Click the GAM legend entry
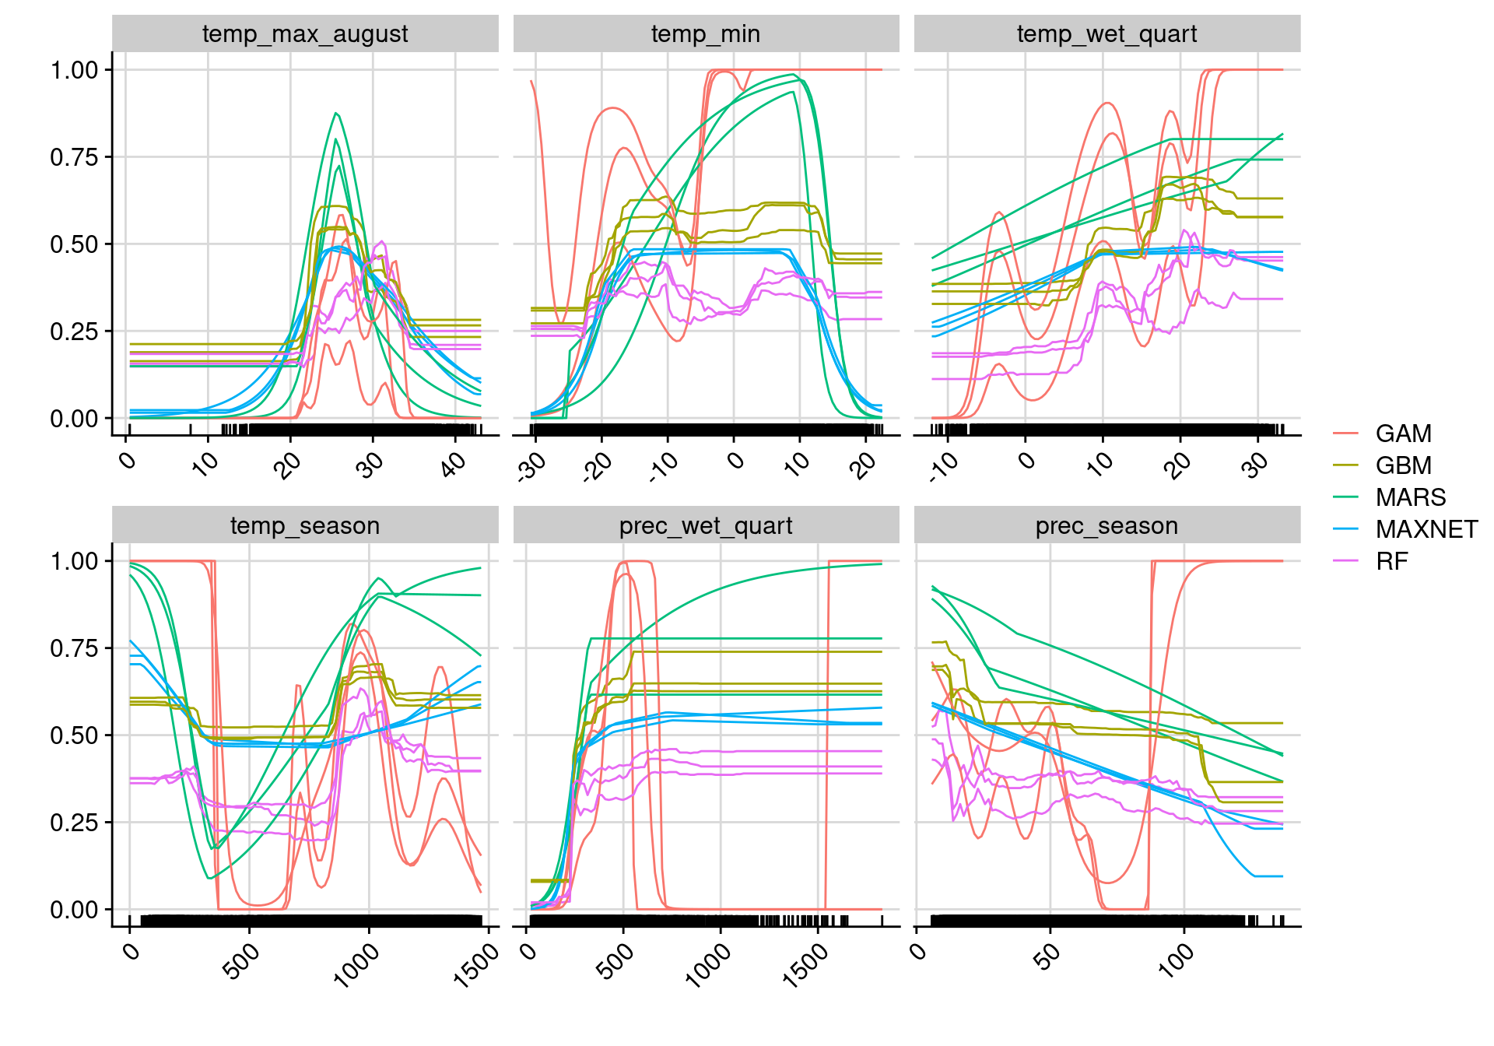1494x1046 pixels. pyautogui.click(x=1402, y=433)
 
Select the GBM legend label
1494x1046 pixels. pyautogui.click(x=1402, y=465)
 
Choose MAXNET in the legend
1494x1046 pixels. pyautogui.click(x=1426, y=529)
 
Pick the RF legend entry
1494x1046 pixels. pyautogui.click(x=1391, y=561)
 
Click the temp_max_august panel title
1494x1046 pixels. pyautogui.click(x=305, y=34)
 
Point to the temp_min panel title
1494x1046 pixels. pyautogui.click(x=706, y=34)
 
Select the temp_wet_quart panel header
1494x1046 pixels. pyautogui.click(x=1106, y=34)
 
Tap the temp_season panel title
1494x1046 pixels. pyautogui.click(x=305, y=526)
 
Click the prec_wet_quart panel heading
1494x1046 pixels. pyautogui.click(x=706, y=526)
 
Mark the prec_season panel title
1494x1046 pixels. pyautogui.click(x=1106, y=526)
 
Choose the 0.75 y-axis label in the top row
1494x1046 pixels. pyautogui.click(x=74, y=157)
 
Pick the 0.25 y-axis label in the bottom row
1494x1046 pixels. pyautogui.click(x=74, y=823)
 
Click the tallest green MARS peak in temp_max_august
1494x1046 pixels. pyautogui.click(x=336, y=114)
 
